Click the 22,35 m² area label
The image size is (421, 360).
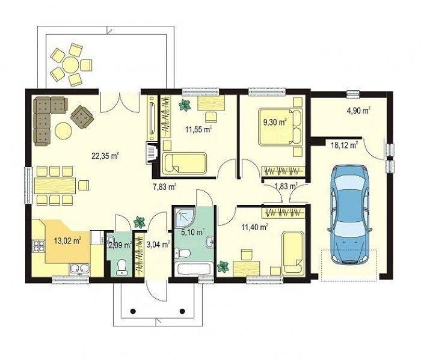pyautogui.click(x=105, y=156)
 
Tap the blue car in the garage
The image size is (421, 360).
pyautogui.click(x=349, y=215)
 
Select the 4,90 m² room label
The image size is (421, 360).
pyautogui.click(x=358, y=111)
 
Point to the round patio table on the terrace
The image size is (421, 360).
pyautogui.click(x=70, y=65)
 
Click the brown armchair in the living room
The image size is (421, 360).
pyautogui.click(x=82, y=117)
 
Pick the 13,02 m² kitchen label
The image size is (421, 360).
pyautogui.click(x=67, y=240)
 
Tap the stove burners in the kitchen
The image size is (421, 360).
pyautogui.click(x=38, y=246)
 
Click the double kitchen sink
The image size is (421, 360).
pyautogui.click(x=79, y=269)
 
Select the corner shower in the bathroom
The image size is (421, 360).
pyautogui.click(x=185, y=217)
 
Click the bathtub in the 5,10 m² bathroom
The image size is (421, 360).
pyautogui.click(x=194, y=269)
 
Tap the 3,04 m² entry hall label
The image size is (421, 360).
pyautogui.click(x=158, y=245)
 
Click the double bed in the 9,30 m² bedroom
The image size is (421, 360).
pyautogui.click(x=281, y=127)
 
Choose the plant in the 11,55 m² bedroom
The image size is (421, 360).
pyautogui.click(x=185, y=105)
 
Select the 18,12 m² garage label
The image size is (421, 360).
pyautogui.click(x=345, y=145)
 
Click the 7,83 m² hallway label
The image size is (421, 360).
pyautogui.click(x=164, y=186)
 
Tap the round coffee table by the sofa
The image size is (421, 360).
pyautogui.click(x=63, y=130)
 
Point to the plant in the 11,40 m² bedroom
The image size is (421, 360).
pyautogui.click(x=223, y=267)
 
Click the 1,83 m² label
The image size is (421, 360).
pyautogui.click(x=286, y=186)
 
